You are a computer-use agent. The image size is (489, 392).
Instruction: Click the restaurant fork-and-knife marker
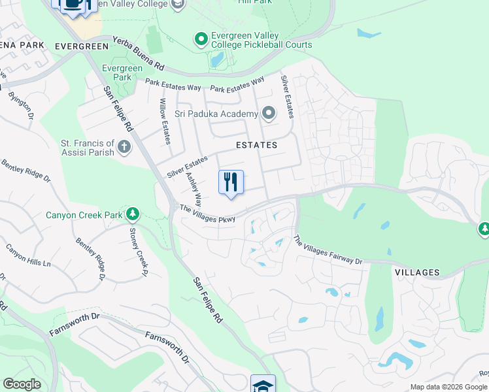(x=231, y=182)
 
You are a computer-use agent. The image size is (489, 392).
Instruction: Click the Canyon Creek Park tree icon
(x=133, y=214)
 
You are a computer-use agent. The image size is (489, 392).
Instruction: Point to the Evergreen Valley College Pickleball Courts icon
(x=201, y=40)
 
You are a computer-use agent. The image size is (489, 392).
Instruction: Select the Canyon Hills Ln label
(x=28, y=255)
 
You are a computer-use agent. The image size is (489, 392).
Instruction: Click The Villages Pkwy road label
(x=208, y=214)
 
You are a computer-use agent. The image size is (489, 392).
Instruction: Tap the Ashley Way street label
(x=194, y=189)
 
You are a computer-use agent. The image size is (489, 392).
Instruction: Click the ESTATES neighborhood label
(x=257, y=145)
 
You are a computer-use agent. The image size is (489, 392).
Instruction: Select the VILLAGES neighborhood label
(x=416, y=272)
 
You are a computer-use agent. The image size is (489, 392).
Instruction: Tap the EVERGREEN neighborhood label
(x=81, y=46)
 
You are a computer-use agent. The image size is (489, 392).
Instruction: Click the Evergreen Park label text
(x=122, y=73)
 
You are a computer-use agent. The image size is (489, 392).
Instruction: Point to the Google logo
(x=22, y=384)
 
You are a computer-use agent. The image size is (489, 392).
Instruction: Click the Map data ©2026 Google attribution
(x=448, y=387)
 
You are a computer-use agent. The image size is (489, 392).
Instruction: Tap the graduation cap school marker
(x=263, y=384)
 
